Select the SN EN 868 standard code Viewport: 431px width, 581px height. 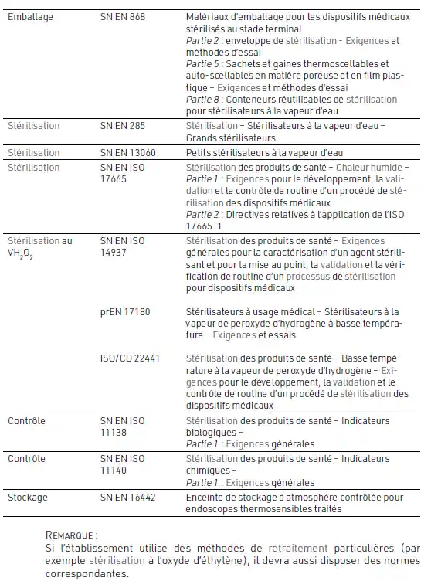124,15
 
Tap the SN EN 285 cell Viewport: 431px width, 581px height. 124,125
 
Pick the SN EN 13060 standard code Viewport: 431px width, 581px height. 128,153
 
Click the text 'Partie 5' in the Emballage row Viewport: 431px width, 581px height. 202,63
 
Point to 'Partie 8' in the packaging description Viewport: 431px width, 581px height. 202,100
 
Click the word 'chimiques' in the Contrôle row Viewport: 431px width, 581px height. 209,470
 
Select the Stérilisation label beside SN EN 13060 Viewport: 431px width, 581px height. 34,153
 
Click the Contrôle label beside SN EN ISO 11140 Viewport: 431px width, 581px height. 26,458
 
